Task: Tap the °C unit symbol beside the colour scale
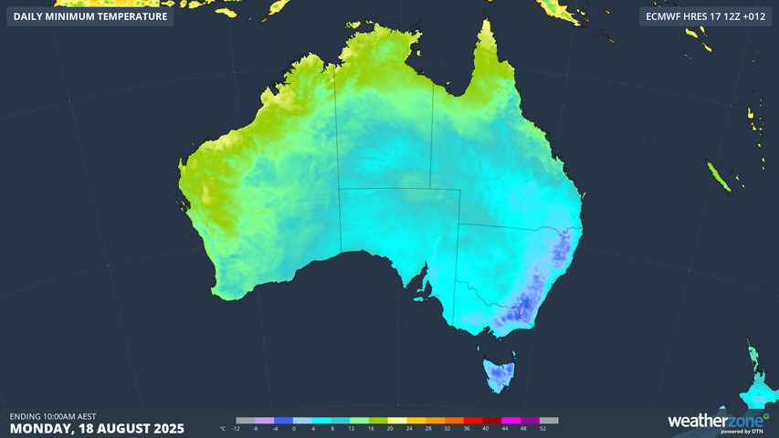pyautogui.click(x=223, y=428)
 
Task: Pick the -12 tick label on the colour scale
pyautogui.click(x=237, y=428)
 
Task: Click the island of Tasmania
pyautogui.click(x=500, y=374)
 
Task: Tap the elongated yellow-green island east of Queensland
pyautogui.click(x=720, y=177)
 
